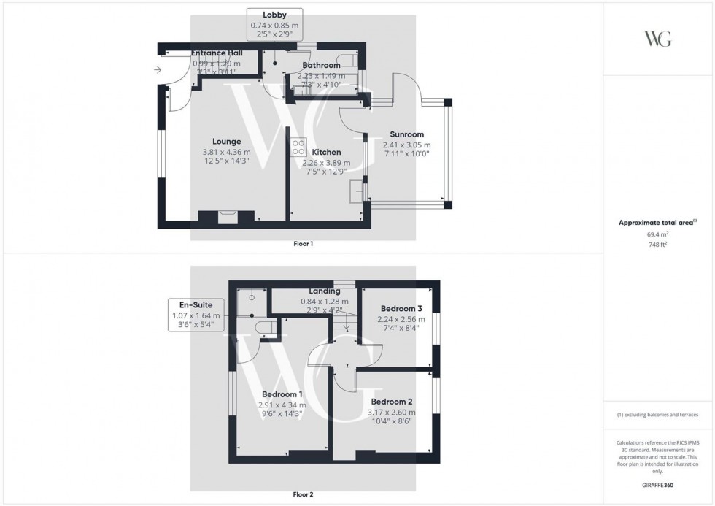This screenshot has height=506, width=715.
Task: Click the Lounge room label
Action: pos(226,142)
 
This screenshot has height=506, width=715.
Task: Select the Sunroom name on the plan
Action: pos(406,134)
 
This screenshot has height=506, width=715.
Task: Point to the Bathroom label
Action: pos(321,66)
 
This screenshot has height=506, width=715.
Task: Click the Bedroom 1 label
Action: pos(281,395)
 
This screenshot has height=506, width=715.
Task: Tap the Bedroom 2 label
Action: pos(392,402)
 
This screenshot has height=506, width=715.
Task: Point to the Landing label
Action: pos(325,291)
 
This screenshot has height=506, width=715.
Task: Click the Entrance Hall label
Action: pos(216,53)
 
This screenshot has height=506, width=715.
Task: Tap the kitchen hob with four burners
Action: pos(298,147)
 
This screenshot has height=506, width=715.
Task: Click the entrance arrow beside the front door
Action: pos(158,70)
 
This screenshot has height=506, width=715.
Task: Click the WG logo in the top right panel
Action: pos(657,39)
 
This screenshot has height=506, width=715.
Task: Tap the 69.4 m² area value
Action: pos(658,234)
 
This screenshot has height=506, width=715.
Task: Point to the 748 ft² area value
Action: pos(658,246)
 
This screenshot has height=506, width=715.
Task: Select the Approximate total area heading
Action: pos(658,222)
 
